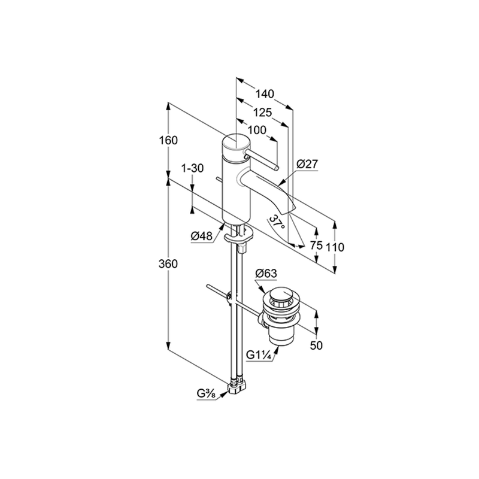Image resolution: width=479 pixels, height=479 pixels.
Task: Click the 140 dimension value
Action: pyautogui.click(x=265, y=94)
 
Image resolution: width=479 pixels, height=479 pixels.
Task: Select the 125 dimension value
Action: pyautogui.click(x=263, y=113)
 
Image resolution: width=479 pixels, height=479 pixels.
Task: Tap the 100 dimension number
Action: pyautogui.click(x=257, y=130)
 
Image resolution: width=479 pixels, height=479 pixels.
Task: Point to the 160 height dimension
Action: pyautogui.click(x=168, y=141)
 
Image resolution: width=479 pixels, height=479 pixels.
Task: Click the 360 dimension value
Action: pyautogui.click(x=168, y=263)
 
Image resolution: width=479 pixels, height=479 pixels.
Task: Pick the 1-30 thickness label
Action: pyautogui.click(x=192, y=168)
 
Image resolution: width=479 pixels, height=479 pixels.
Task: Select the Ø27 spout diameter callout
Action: pyautogui.click(x=307, y=164)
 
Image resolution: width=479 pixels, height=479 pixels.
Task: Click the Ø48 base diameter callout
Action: pyautogui.click(x=202, y=236)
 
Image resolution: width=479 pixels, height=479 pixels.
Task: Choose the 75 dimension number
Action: pyautogui.click(x=316, y=245)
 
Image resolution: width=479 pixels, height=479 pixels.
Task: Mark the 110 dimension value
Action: pyautogui.click(x=335, y=247)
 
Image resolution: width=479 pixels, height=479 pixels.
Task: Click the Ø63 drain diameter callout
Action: pyautogui.click(x=266, y=274)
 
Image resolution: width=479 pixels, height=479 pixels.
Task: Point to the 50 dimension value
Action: pyautogui.click(x=316, y=345)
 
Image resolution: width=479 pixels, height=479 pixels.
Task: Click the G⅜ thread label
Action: pyautogui.click(x=206, y=394)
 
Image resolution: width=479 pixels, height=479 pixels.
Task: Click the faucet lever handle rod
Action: pyautogui.click(x=262, y=160)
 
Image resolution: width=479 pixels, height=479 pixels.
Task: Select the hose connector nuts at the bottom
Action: pyautogui.click(x=237, y=386)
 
